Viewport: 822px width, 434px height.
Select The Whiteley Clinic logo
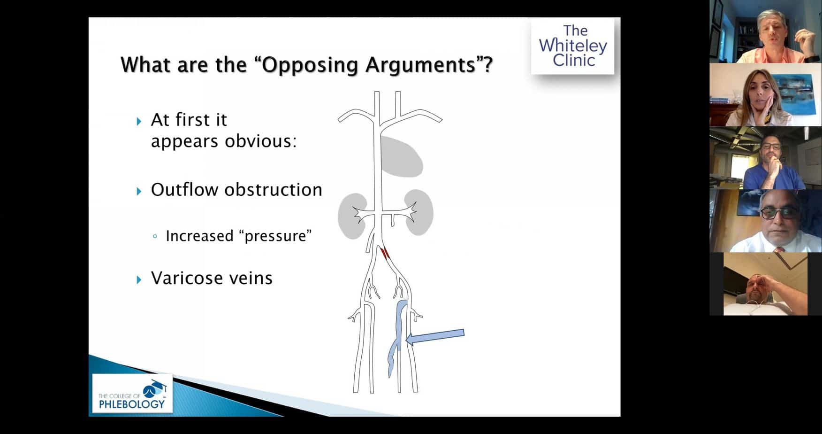click(572, 46)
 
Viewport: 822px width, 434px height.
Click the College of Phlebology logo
click(132, 393)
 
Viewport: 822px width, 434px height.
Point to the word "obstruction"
click(273, 190)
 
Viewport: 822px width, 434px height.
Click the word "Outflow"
click(185, 190)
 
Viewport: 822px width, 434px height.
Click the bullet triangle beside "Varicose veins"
click(139, 280)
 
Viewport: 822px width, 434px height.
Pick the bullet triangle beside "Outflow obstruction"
click(139, 191)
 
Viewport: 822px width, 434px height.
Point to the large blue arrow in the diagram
click(434, 337)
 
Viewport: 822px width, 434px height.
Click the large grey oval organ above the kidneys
click(401, 157)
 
